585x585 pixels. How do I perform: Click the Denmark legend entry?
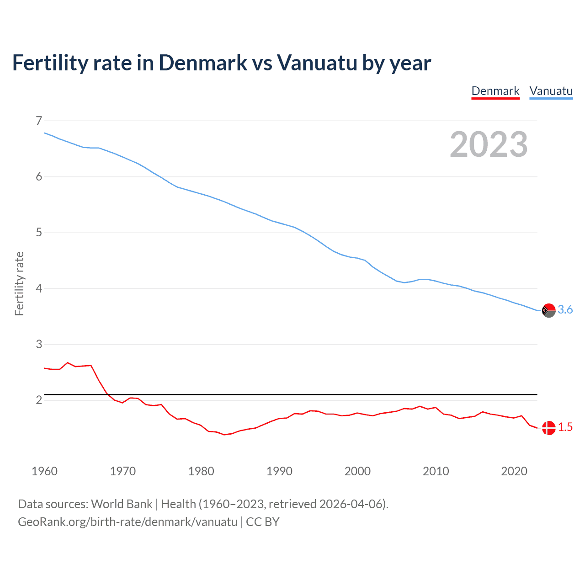[x=495, y=91]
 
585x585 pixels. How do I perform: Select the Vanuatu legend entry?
[x=551, y=91]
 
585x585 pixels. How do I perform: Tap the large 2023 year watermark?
[x=489, y=144]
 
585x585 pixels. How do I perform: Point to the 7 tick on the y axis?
[x=39, y=121]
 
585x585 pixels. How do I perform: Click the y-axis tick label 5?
[x=39, y=233]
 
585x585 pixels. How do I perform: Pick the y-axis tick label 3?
[x=39, y=344]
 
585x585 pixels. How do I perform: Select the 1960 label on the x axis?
[x=44, y=471]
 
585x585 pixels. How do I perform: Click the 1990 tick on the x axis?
[x=279, y=471]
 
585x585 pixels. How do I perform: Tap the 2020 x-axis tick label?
[x=514, y=471]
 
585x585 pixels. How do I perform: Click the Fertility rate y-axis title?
[x=19, y=283]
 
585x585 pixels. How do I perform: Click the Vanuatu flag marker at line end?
[x=548, y=310]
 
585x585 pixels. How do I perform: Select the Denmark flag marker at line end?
[x=548, y=428]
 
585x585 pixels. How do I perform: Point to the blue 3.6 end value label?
[x=565, y=310]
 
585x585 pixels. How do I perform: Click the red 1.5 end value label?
[x=565, y=427]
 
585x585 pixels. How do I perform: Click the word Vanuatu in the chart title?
[x=317, y=63]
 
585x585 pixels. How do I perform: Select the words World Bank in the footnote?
[x=122, y=504]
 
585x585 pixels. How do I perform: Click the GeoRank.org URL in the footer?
[x=128, y=522]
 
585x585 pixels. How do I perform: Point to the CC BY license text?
[x=263, y=522]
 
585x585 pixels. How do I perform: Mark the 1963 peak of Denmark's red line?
[x=68, y=362]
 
